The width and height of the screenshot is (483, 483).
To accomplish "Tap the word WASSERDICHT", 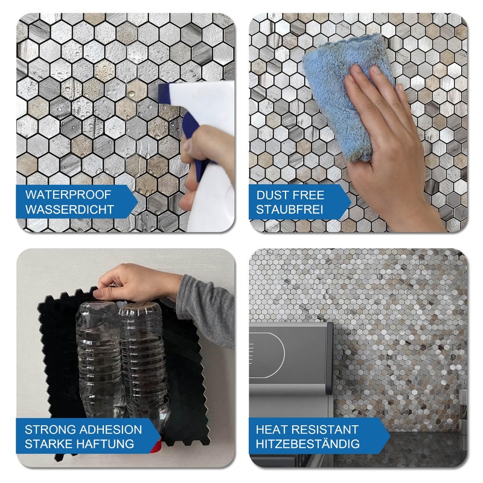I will coord(70,211).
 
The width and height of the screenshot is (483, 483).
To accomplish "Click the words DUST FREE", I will coord(290,195).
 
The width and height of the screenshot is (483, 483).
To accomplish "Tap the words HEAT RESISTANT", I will coord(307,430).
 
